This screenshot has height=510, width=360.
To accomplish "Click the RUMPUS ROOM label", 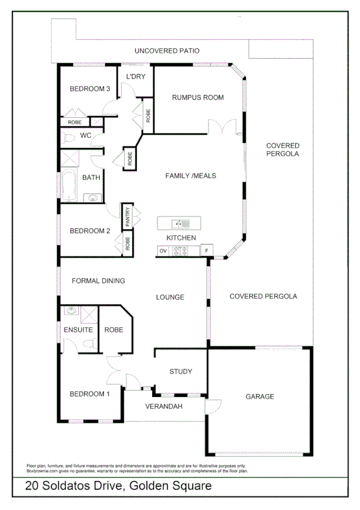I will click(x=198, y=97).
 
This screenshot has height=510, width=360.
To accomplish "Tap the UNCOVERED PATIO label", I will click(x=166, y=51).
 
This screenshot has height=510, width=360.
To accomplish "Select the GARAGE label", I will click(x=260, y=396).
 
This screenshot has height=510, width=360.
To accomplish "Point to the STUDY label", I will click(x=180, y=372).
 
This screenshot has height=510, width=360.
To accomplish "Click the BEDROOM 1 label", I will click(x=90, y=394).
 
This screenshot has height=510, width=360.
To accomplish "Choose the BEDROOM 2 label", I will click(x=90, y=230).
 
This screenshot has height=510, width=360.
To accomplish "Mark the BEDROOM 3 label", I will click(x=90, y=89).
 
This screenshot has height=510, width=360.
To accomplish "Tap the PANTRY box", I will click(x=127, y=217).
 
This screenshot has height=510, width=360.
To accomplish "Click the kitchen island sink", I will click(x=178, y=224).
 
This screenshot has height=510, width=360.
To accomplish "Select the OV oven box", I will click(x=163, y=250).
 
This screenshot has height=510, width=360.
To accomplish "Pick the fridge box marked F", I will click(x=207, y=250).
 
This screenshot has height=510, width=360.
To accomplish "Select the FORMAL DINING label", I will click(x=98, y=280).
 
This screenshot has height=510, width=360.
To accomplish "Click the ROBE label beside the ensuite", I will click(x=114, y=330).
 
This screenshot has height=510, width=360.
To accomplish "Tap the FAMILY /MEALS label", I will click(x=191, y=176).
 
